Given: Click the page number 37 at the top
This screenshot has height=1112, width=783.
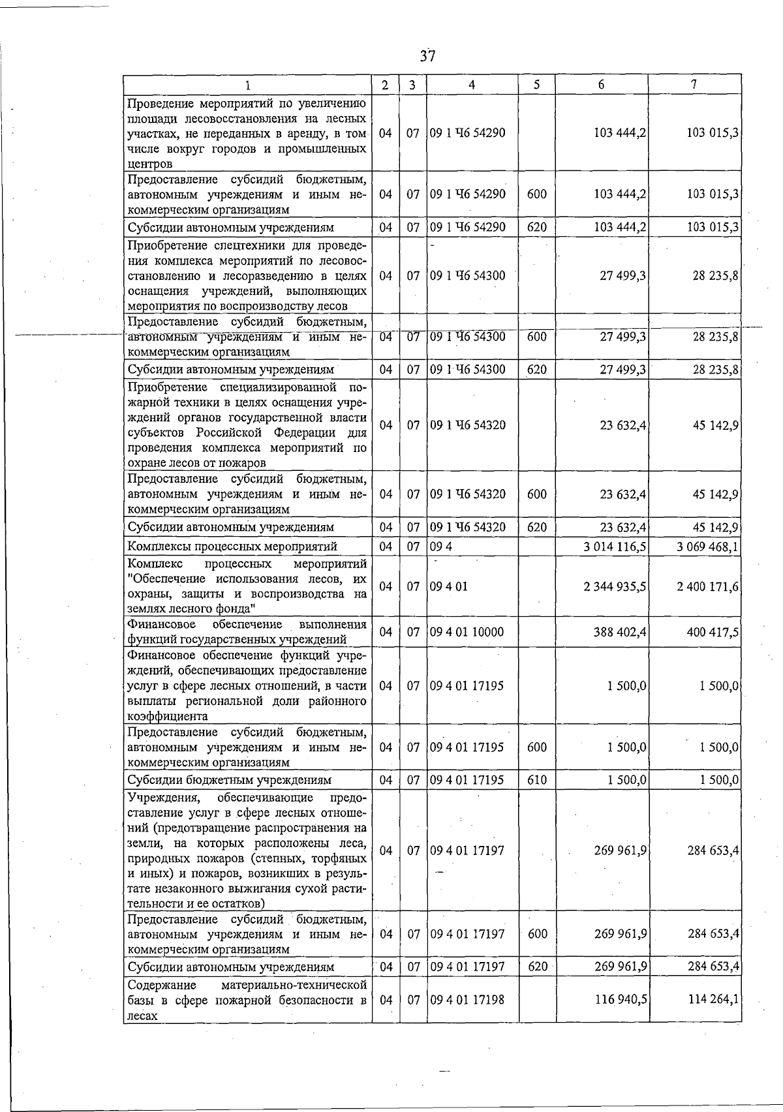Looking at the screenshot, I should click(427, 56).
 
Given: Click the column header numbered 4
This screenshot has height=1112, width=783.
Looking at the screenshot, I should click(472, 85).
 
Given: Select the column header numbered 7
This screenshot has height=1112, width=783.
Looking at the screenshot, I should click(694, 85).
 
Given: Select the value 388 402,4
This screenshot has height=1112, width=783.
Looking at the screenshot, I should click(620, 631).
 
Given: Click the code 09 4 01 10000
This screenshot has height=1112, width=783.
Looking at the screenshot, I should click(467, 631).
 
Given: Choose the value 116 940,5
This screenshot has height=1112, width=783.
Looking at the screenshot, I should click(620, 999).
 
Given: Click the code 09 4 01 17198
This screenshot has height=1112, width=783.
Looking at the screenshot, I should click(467, 999).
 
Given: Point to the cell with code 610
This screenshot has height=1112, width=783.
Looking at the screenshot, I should click(537, 779).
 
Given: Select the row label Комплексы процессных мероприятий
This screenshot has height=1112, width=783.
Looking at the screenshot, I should click(232, 546).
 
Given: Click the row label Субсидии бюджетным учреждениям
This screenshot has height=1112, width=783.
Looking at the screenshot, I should click(230, 779).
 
